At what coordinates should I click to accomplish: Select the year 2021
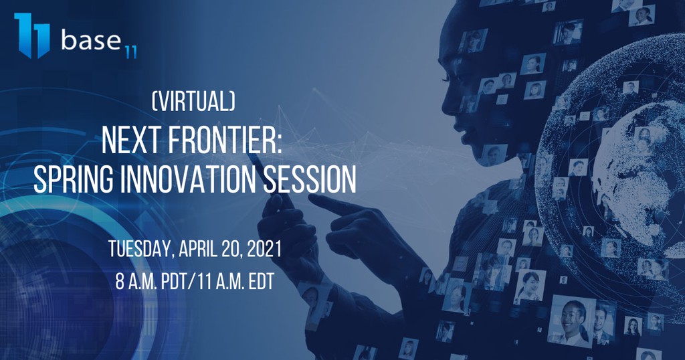264,249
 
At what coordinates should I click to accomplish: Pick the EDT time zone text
262,282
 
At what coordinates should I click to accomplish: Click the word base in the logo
91,39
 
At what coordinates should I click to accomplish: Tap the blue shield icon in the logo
32,35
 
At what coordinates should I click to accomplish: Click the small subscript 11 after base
130,52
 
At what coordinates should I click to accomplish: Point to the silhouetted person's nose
446,107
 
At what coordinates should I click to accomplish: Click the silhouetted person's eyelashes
446,79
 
